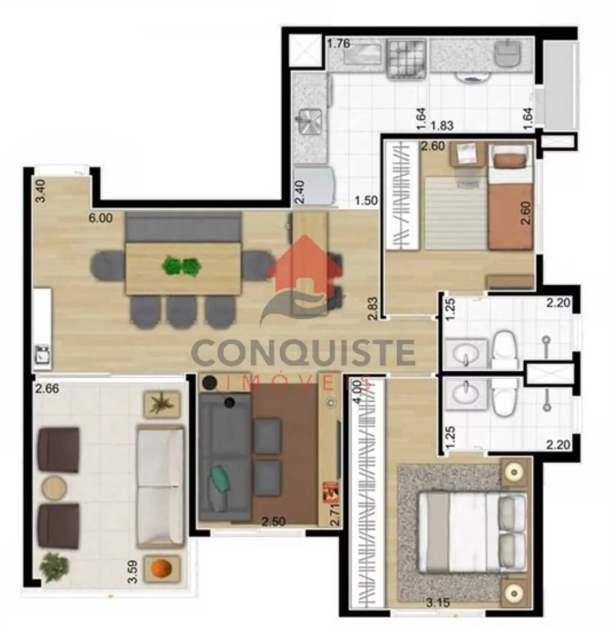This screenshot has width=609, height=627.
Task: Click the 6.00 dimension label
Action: pos(101,218)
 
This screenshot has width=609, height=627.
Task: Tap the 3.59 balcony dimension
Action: pos(132,572)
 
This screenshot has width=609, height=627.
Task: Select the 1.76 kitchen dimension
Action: pos(339,44)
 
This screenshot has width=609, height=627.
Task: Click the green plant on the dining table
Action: pos(181,266)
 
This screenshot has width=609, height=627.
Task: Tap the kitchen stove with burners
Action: pos(406,59)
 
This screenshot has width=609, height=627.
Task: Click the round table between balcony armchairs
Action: pos(54,487)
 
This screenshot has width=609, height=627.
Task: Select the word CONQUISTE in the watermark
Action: pos(304,353)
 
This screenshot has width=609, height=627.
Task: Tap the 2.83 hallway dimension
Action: pos(373,308)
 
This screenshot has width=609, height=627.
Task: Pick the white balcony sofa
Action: pos(160,487)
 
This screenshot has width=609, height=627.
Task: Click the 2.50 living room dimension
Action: pos(273,521)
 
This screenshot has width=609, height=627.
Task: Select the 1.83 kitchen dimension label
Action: pos(442,125)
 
